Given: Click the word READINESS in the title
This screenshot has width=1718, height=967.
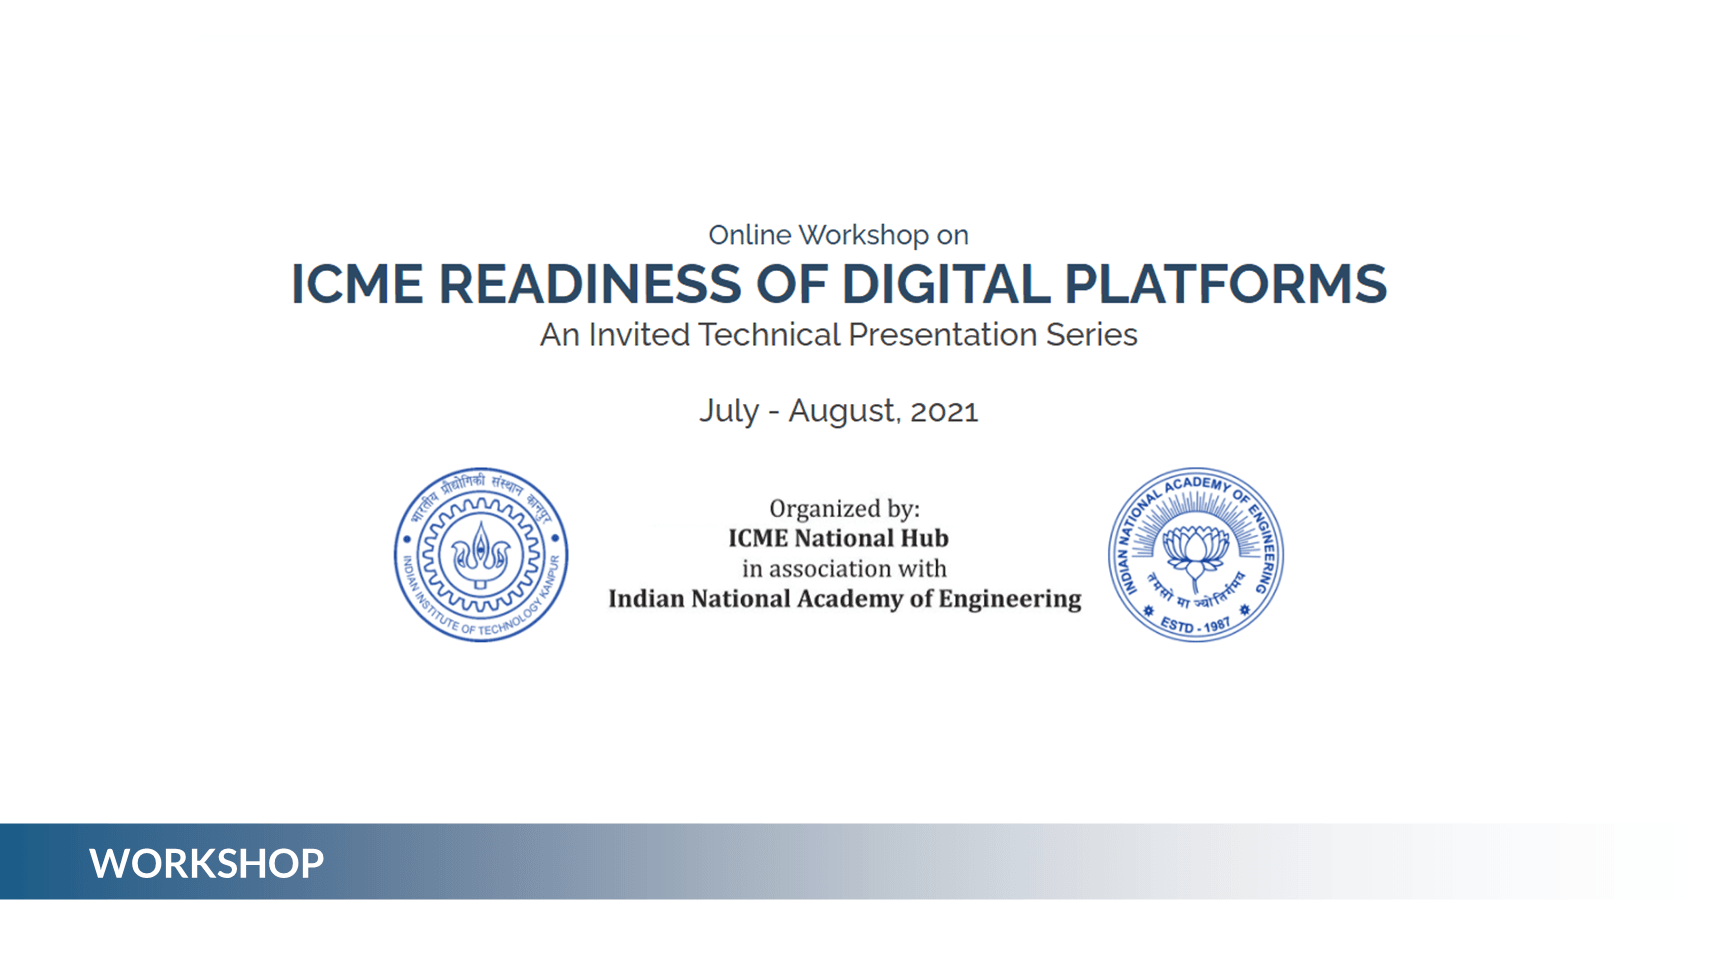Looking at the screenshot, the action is [x=590, y=284].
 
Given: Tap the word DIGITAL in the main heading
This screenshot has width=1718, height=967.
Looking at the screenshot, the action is [x=945, y=284].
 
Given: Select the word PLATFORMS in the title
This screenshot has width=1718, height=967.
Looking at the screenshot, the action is [x=1225, y=284].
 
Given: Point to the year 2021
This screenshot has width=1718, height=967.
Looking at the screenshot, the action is [x=944, y=411].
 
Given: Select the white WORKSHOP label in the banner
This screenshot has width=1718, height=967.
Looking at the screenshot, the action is [x=206, y=863].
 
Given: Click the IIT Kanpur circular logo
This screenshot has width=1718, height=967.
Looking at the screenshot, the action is [x=481, y=555].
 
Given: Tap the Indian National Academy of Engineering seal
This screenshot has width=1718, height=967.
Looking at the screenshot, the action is [x=1196, y=555].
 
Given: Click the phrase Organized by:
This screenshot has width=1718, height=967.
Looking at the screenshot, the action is [x=844, y=509].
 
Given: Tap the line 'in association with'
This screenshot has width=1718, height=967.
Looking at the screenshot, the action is [x=844, y=569].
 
